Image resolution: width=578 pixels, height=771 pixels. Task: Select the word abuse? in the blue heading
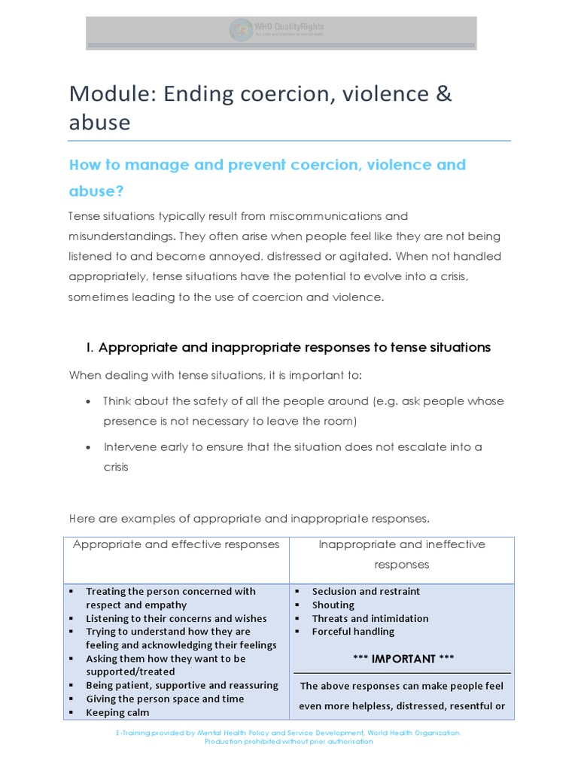[96, 191]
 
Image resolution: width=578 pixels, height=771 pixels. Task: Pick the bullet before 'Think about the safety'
[89, 401]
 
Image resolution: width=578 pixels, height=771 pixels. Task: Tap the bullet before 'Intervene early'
[89, 447]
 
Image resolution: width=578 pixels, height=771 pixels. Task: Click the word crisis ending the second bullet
[116, 467]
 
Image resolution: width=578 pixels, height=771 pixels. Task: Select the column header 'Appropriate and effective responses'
[176, 544]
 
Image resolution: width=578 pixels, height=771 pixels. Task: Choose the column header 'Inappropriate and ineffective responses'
[401, 554]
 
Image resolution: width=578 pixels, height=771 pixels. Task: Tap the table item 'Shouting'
[333, 605]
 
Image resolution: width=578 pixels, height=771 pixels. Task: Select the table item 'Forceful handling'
[353, 632]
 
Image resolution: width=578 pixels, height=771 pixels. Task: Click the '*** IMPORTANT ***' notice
[403, 659]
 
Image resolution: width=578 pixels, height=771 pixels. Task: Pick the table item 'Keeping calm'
[117, 712]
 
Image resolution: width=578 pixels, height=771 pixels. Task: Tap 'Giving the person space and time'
[165, 699]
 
